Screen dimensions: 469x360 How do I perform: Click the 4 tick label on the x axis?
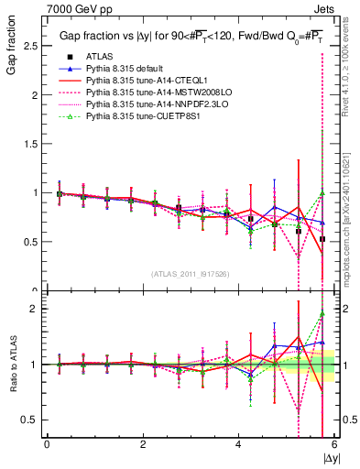(238, 444)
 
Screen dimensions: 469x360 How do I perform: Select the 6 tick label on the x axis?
(334, 444)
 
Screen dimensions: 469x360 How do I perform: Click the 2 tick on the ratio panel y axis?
(33, 309)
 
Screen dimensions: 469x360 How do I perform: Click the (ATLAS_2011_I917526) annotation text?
(191, 274)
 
